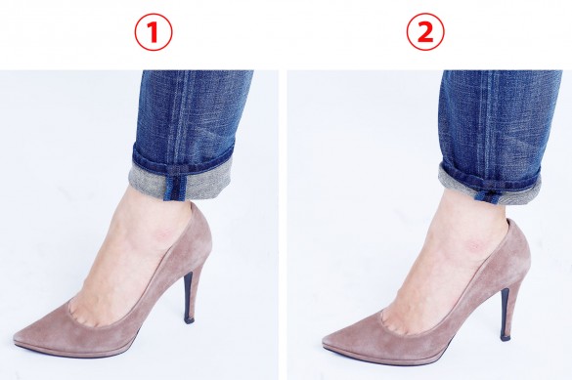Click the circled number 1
[154, 33]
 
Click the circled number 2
[425, 33]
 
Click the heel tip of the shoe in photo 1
[190, 319]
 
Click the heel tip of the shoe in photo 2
[506, 337]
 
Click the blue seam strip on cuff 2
[486, 195]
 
